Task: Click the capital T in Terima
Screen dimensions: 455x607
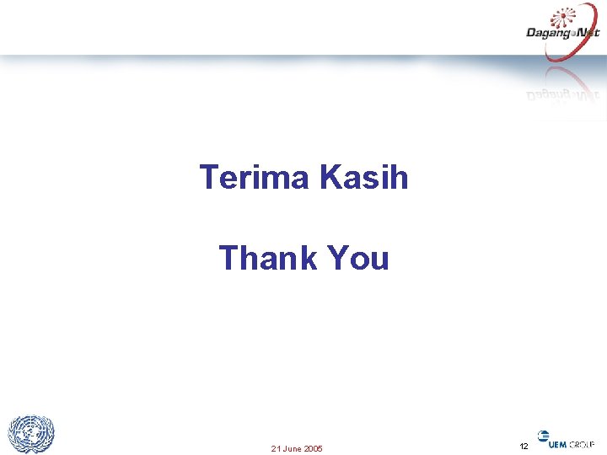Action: [x=209, y=178]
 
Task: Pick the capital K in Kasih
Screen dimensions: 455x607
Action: [x=331, y=178]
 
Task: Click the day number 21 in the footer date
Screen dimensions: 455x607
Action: [x=275, y=448]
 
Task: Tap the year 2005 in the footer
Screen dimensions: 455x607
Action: [x=313, y=448]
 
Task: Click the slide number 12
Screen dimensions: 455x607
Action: [x=524, y=446]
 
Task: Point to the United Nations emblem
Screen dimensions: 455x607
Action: [x=31, y=435]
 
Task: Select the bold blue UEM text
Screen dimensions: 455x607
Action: [x=558, y=445]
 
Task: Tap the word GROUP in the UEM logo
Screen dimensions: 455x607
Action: [x=582, y=445]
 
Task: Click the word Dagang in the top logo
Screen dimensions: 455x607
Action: [x=547, y=33]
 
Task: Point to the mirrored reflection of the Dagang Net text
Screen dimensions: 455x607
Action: [x=563, y=94]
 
